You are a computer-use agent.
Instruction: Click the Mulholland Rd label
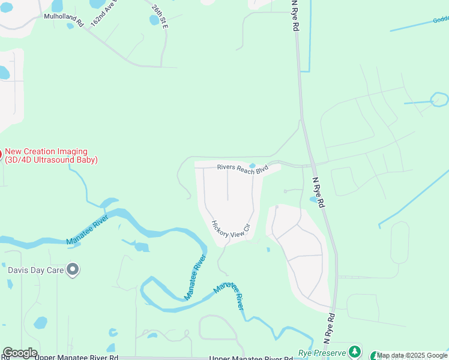click(x=64, y=17)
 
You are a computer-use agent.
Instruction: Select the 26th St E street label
click(x=160, y=17)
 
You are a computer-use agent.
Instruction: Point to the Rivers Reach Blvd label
click(x=242, y=169)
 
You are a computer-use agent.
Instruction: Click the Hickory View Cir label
click(x=229, y=229)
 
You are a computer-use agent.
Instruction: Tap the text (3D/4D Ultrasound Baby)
click(x=51, y=160)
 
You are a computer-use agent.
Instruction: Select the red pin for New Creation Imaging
click(x=1, y=154)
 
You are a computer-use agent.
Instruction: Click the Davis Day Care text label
click(x=35, y=270)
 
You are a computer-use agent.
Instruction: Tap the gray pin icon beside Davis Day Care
click(x=73, y=270)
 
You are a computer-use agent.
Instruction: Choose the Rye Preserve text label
click(x=322, y=353)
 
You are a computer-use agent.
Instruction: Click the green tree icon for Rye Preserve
click(x=355, y=352)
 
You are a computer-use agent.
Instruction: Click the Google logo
click(x=20, y=353)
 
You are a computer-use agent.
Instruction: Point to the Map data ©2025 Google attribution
click(x=412, y=356)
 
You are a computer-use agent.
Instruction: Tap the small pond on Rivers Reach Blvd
click(x=252, y=166)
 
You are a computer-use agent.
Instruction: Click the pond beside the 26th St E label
click(x=155, y=20)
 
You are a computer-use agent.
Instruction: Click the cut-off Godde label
click(x=441, y=19)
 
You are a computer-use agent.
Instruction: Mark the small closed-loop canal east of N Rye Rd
click(x=439, y=99)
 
